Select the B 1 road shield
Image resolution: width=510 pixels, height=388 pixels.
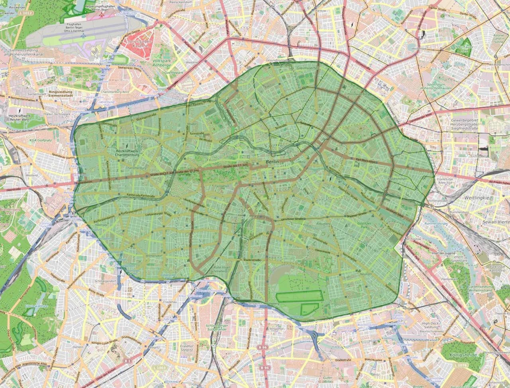pos(128,361)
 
